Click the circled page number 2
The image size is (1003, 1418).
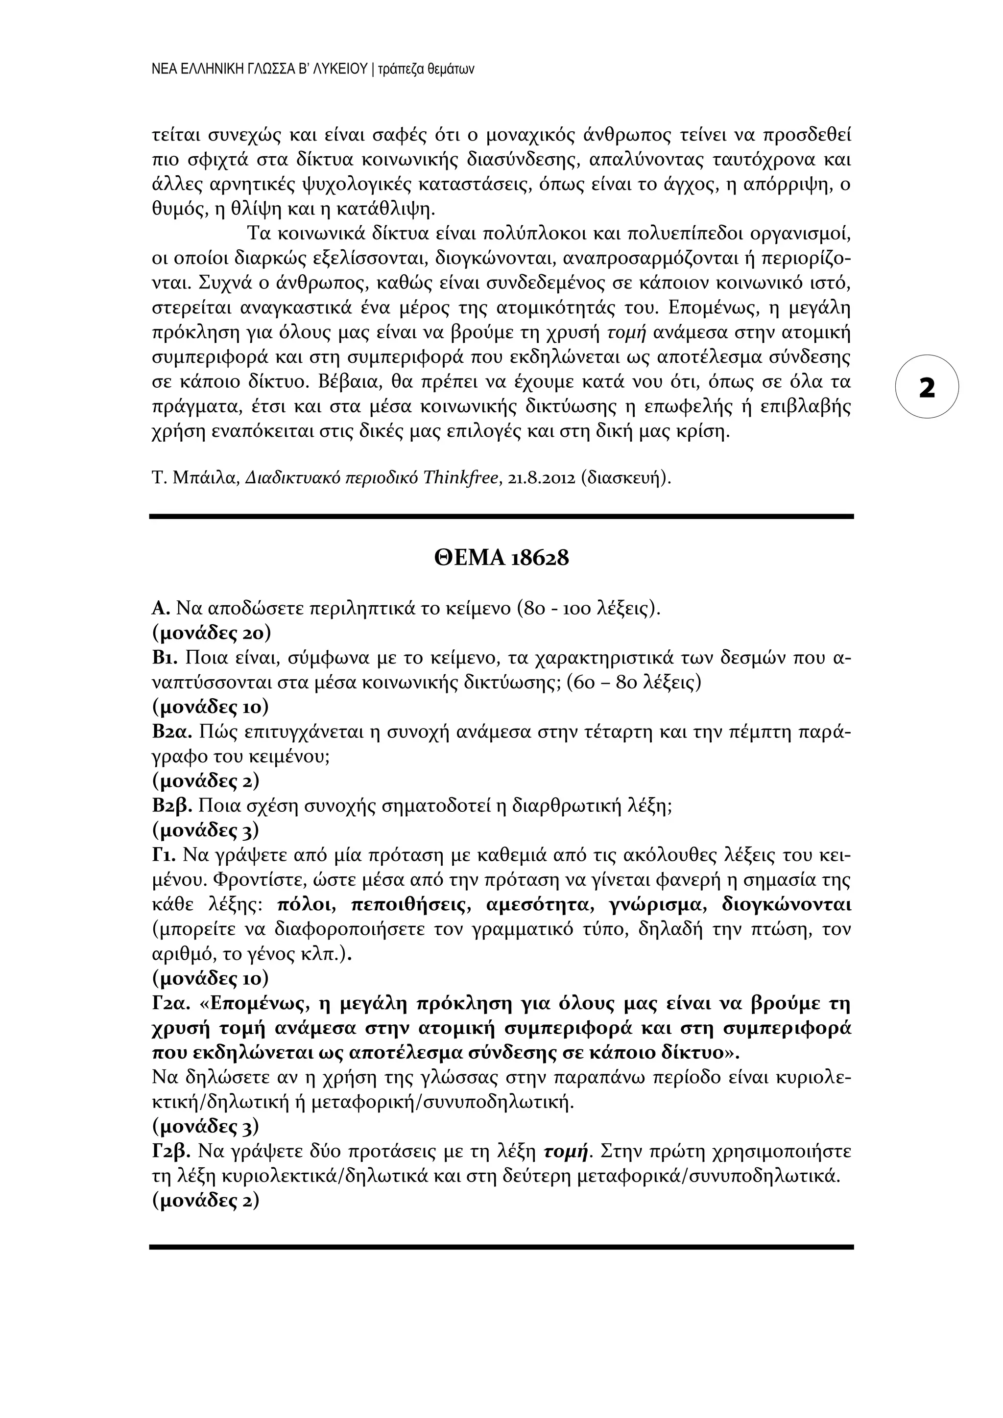(x=927, y=387)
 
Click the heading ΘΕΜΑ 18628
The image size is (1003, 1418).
(x=501, y=558)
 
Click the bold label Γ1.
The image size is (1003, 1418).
(x=164, y=856)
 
